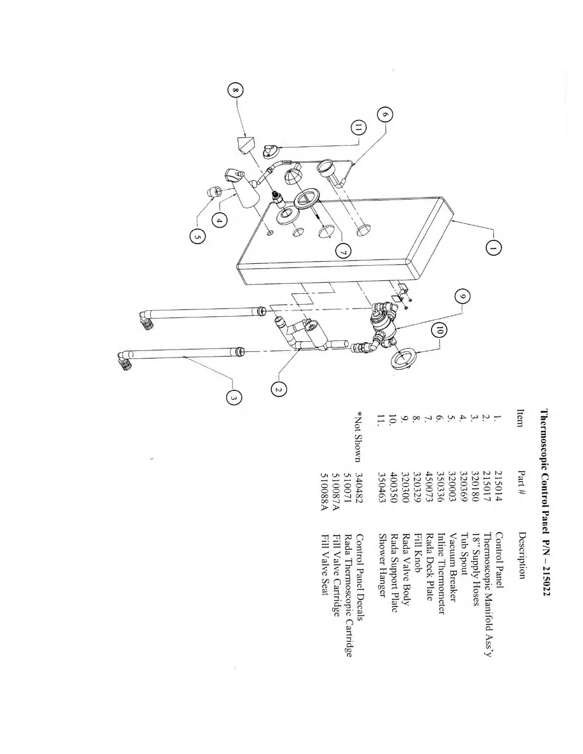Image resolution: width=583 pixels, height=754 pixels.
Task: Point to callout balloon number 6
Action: click(385, 115)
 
